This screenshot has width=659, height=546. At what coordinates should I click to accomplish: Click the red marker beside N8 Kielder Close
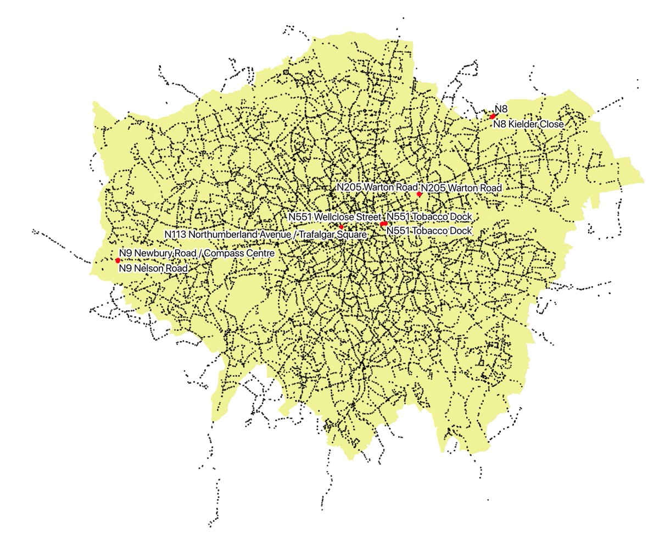pyautogui.click(x=493, y=116)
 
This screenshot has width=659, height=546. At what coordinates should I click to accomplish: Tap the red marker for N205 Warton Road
pyautogui.click(x=419, y=194)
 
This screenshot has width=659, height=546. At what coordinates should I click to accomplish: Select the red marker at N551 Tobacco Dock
pyautogui.click(x=384, y=224)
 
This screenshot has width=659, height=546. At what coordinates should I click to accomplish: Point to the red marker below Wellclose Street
pyautogui.click(x=341, y=227)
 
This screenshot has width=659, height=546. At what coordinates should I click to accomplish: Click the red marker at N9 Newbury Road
pyautogui.click(x=118, y=260)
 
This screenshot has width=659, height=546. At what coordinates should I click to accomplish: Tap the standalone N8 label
pyautogui.click(x=501, y=109)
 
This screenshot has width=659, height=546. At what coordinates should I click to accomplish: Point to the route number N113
pyautogui.click(x=176, y=235)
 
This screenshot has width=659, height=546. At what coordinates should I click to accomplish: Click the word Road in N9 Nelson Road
pyautogui.click(x=176, y=269)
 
